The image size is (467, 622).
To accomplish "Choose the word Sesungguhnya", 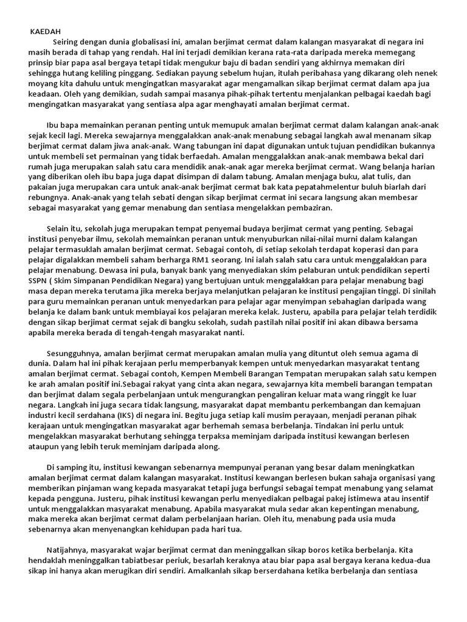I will pyautogui.click(x=73, y=354).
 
